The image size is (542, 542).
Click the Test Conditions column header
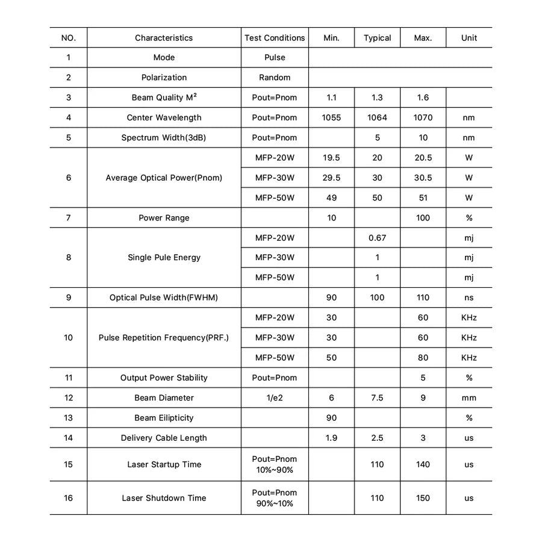tap(275, 38)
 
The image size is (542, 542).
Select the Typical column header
tap(378, 38)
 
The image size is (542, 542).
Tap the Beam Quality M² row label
tap(164, 98)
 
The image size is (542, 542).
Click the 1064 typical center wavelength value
tap(378, 117)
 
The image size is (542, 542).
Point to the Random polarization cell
tap(275, 78)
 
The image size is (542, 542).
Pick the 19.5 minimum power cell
tap(332, 158)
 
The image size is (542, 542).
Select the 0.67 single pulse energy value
tap(378, 238)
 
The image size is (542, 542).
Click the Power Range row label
tap(164, 218)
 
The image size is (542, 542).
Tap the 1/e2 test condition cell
tap(275, 398)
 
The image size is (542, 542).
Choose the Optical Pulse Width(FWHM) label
tap(164, 297)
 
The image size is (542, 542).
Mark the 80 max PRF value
tap(423, 358)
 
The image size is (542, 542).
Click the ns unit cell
tap(469, 297)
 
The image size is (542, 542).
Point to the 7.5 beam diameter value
tap(378, 398)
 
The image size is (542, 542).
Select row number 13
tap(69, 418)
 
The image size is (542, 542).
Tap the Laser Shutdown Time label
tap(164, 498)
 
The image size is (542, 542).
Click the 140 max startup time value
tap(423, 465)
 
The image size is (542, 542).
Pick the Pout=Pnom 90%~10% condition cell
tap(275, 498)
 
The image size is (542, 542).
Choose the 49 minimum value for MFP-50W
tap(332, 198)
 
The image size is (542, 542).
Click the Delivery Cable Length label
tap(164, 438)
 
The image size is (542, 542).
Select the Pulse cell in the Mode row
tap(275, 58)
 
